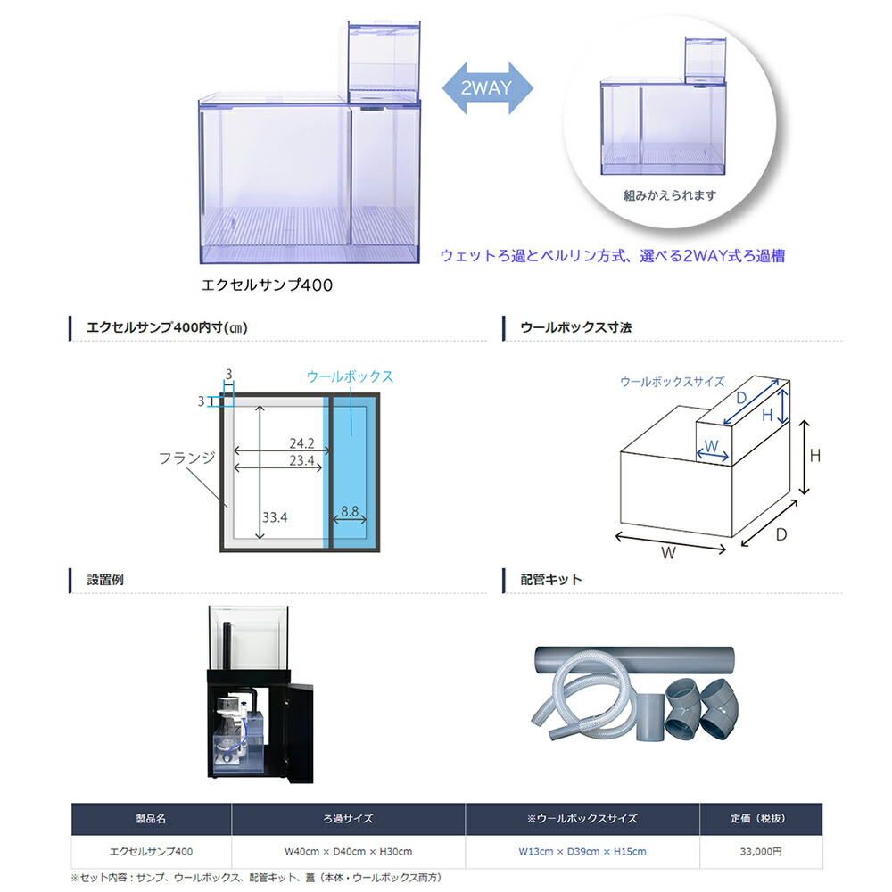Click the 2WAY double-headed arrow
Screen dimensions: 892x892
[x=487, y=88]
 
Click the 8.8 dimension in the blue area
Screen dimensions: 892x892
[x=349, y=512]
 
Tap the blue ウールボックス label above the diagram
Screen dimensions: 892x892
[x=350, y=376]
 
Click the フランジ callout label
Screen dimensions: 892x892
[x=186, y=458]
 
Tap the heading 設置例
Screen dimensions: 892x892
[x=104, y=580]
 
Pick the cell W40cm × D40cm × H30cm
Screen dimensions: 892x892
[x=348, y=852]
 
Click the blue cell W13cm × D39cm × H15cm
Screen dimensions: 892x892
[x=582, y=852]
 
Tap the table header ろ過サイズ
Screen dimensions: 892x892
[x=348, y=818]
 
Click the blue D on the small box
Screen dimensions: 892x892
[x=740, y=396]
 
